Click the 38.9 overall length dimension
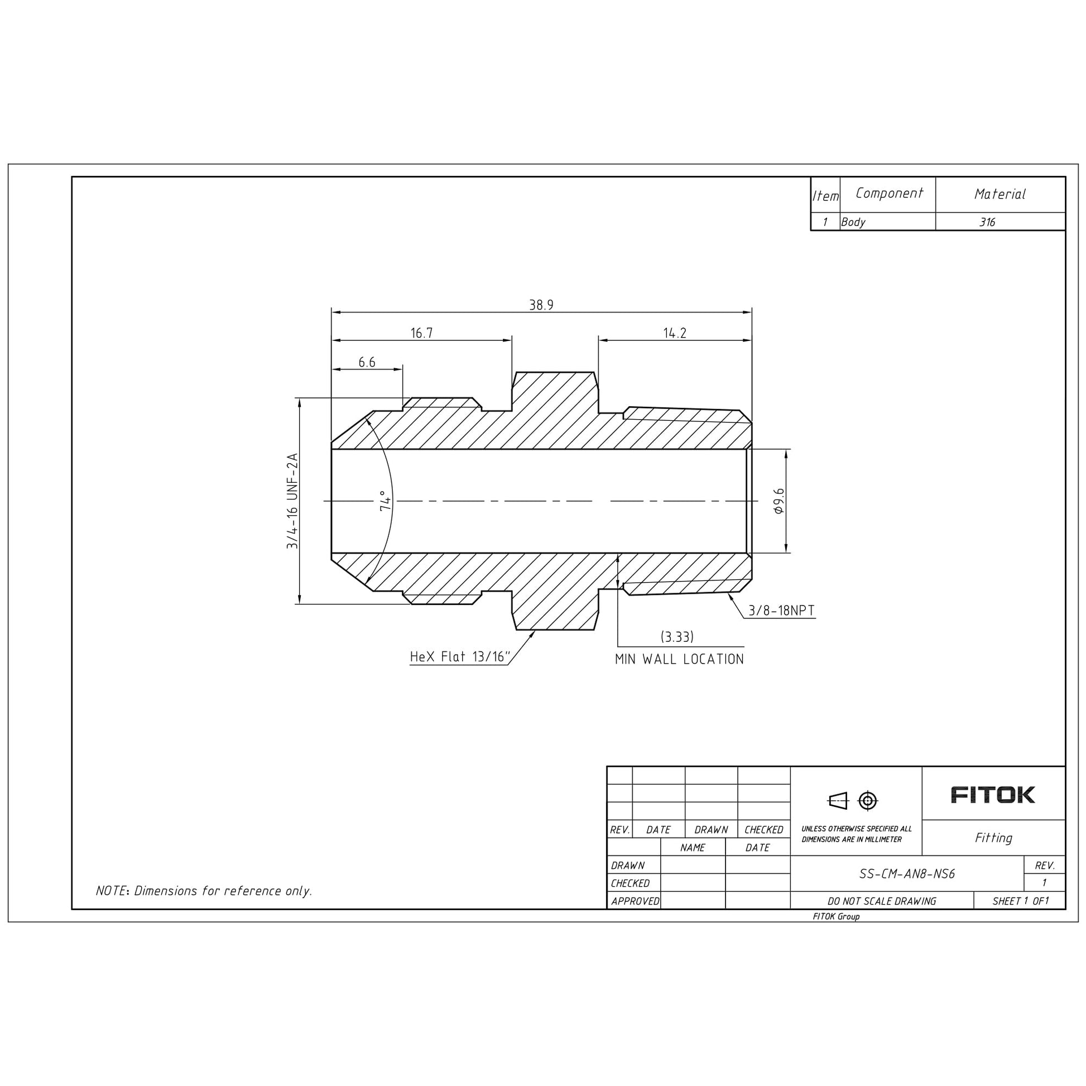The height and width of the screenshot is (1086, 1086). tap(541, 305)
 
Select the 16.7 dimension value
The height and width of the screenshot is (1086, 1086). tap(421, 333)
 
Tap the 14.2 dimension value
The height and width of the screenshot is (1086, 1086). tap(675, 333)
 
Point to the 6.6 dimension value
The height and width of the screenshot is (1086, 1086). tap(367, 362)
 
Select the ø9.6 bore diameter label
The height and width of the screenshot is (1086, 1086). tap(779, 500)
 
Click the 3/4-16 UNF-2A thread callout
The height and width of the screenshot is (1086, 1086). tap(292, 501)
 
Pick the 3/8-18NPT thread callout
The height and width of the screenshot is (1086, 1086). tap(781, 611)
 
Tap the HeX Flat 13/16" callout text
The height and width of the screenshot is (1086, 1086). tap(460, 656)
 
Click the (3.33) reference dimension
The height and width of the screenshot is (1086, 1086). tap(677, 636)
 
